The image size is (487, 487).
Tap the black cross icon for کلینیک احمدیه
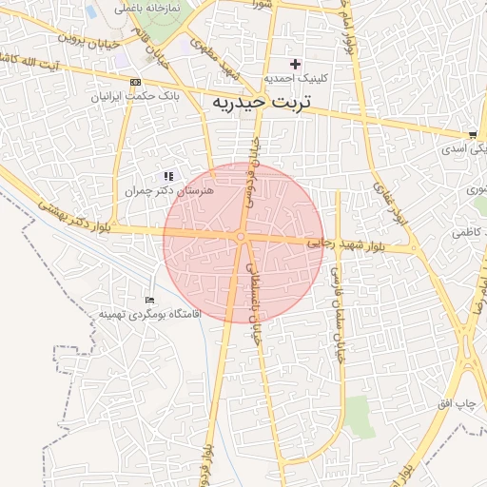point(296,64)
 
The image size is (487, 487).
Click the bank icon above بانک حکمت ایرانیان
point(134,82)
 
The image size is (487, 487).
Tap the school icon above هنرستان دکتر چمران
point(168,176)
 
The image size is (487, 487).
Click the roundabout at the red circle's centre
point(242,237)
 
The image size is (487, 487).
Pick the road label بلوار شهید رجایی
point(347,246)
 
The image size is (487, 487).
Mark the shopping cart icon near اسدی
point(473,135)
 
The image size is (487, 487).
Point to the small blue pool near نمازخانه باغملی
point(91,12)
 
